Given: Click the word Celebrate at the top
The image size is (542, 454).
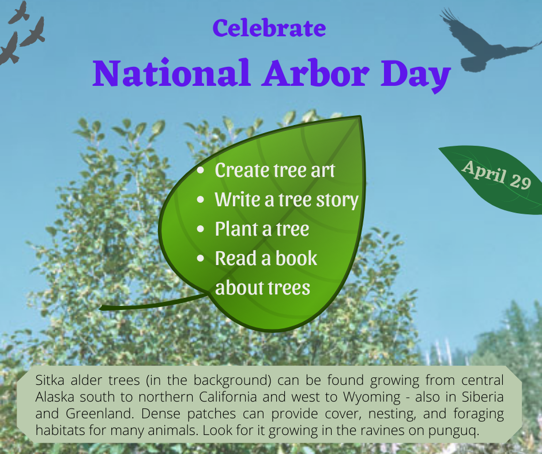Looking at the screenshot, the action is (x=269, y=28).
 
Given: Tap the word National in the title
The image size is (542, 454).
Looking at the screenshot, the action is (x=171, y=73).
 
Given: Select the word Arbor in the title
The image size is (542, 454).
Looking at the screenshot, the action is (x=315, y=73).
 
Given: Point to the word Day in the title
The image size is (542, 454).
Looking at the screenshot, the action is (x=416, y=75).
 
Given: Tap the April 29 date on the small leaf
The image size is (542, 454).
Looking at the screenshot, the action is (x=496, y=175).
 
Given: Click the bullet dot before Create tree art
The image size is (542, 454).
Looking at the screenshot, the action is (x=201, y=170).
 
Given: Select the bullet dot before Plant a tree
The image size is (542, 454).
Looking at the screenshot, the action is (x=201, y=229).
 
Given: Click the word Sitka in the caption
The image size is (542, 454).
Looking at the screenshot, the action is (x=50, y=380).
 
